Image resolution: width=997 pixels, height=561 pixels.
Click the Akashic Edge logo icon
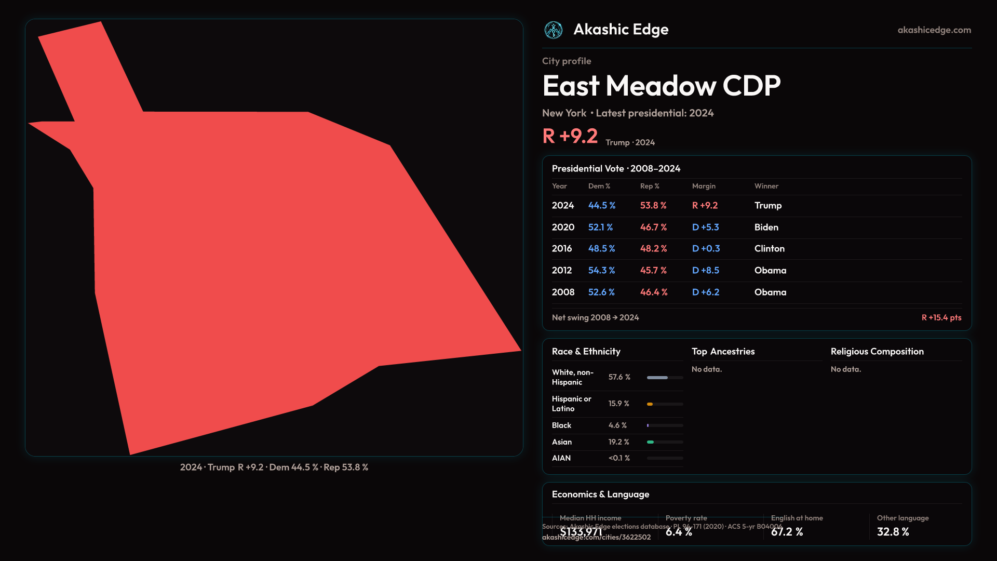(553, 30)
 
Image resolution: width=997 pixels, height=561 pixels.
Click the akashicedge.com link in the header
(934, 30)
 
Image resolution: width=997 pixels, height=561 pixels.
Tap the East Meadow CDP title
(661, 86)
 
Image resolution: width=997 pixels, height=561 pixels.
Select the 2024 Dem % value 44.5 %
(601, 206)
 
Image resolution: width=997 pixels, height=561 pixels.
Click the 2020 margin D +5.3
(705, 228)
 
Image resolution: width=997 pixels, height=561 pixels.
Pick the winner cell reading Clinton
(769, 249)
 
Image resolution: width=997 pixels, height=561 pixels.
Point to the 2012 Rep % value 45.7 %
(653, 271)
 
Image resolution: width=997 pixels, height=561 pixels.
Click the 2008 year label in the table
(563, 292)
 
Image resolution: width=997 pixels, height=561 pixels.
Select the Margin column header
(704, 186)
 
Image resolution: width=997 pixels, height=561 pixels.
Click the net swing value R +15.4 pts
(941, 317)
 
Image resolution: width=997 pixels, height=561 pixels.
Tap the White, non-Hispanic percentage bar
(665, 378)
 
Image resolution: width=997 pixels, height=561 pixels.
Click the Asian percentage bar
(665, 442)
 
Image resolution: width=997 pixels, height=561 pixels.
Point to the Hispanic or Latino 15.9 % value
(618, 404)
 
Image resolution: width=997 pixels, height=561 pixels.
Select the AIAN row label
(561, 458)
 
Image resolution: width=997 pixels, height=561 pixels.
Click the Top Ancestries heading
(723, 352)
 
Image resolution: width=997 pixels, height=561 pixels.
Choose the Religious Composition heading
(877, 352)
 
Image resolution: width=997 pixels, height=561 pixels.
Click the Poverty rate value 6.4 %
(679, 532)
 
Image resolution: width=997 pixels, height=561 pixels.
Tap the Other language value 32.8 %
(893, 532)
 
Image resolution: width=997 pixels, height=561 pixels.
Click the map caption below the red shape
(274, 468)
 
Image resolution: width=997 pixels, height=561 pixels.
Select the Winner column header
(766, 186)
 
